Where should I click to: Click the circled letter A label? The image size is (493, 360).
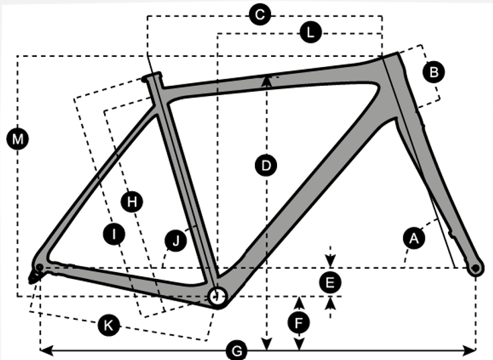(414, 237)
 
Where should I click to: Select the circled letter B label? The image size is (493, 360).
(434, 72)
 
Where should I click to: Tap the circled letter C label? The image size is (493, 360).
(259, 15)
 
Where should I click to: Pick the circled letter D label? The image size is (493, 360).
(266, 165)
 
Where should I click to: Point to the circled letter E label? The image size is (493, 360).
(329, 283)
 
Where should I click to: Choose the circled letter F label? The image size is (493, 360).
(299, 322)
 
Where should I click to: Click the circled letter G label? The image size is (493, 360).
(235, 351)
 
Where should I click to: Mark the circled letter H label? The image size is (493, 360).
(132, 200)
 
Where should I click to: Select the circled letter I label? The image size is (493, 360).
(115, 233)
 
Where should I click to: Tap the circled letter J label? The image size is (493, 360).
(176, 241)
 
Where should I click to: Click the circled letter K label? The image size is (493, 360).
(107, 325)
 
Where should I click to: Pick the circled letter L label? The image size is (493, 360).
(310, 32)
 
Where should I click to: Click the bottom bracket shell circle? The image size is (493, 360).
(217, 296)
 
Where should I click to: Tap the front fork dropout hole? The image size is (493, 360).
(476, 268)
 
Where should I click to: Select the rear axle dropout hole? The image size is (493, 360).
(40, 267)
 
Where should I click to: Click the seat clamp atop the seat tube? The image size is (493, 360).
(152, 76)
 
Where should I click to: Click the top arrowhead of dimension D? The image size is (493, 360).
(267, 80)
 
